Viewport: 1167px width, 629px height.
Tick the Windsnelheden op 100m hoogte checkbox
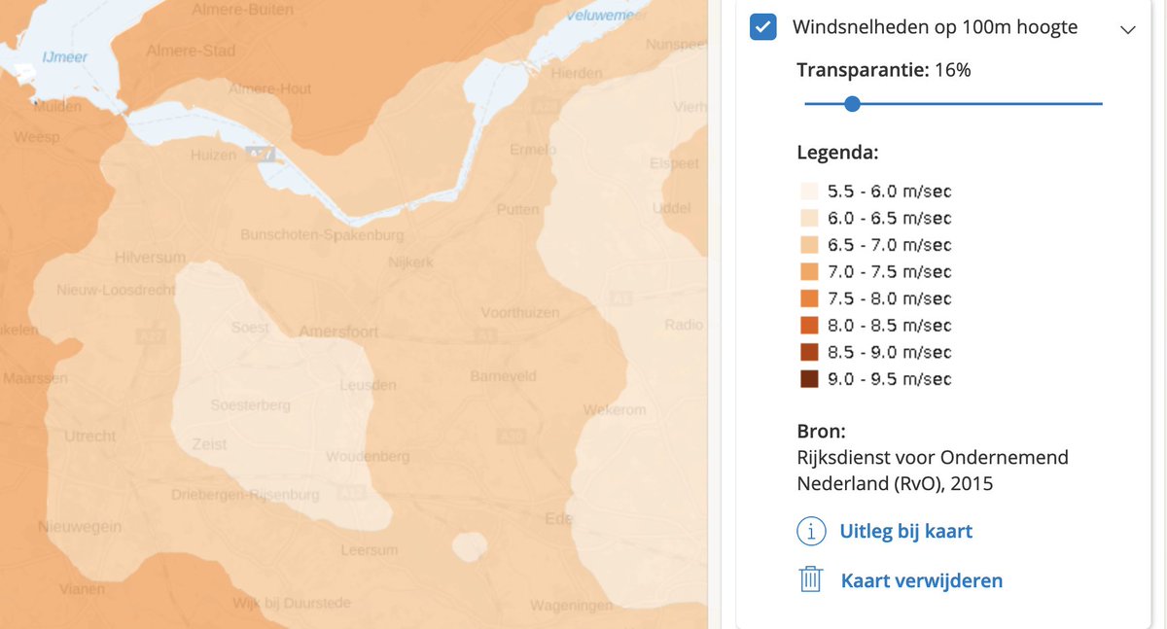pos(763,28)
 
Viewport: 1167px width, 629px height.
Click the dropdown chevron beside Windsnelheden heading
pos(1128,29)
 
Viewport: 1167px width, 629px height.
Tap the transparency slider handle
pos(852,103)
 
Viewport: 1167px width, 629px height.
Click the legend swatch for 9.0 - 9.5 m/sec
pos(809,379)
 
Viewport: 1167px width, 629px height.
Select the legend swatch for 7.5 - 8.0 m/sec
pos(809,298)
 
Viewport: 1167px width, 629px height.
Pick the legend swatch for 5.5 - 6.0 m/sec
pos(809,192)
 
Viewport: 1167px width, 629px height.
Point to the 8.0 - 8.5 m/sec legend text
pos(889,326)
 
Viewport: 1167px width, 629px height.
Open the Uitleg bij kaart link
pos(905,531)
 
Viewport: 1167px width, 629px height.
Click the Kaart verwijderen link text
pos(921,581)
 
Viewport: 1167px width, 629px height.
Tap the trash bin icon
pos(811,580)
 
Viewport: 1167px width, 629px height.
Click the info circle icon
pos(811,531)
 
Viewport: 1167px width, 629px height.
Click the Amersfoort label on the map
pos(338,332)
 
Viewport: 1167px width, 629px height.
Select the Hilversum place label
pos(150,258)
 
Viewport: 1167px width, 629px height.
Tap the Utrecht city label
pos(89,437)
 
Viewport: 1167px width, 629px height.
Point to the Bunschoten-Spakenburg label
pos(322,235)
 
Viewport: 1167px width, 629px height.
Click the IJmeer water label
pos(64,57)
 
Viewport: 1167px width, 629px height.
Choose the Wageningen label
pos(571,607)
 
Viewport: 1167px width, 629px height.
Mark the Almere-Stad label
pos(191,51)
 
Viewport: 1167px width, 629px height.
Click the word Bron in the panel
pos(821,431)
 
